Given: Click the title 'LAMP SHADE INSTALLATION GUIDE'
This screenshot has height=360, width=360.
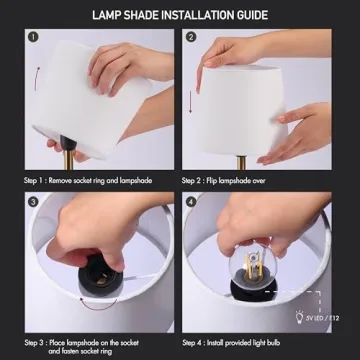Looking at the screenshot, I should click(x=180, y=14).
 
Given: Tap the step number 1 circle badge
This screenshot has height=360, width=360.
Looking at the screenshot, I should click(x=33, y=39).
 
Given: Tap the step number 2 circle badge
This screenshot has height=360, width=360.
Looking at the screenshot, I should click(x=191, y=39).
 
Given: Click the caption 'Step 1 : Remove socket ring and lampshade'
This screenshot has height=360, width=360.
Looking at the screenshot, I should click(x=87, y=181).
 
